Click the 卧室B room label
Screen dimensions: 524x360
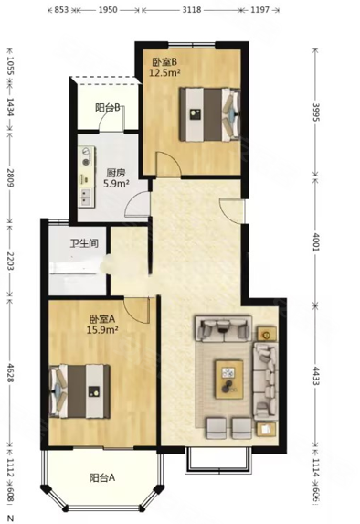[x=164, y=61]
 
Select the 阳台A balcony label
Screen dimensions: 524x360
[x=102, y=476]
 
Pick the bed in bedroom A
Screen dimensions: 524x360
[x=80, y=391]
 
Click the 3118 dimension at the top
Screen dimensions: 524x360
[x=192, y=9]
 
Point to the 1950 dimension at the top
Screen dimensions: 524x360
[x=106, y=9]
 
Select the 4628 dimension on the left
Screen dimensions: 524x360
[x=10, y=377]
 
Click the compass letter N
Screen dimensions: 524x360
[x=8, y=518]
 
